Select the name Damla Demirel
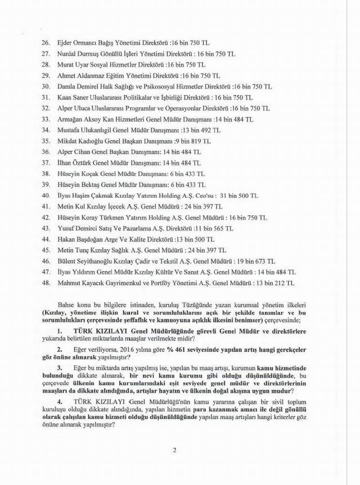[x=78, y=86]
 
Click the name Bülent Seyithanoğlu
[x=85, y=261]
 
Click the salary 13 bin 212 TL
[x=275, y=283]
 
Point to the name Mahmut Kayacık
[x=81, y=283]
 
